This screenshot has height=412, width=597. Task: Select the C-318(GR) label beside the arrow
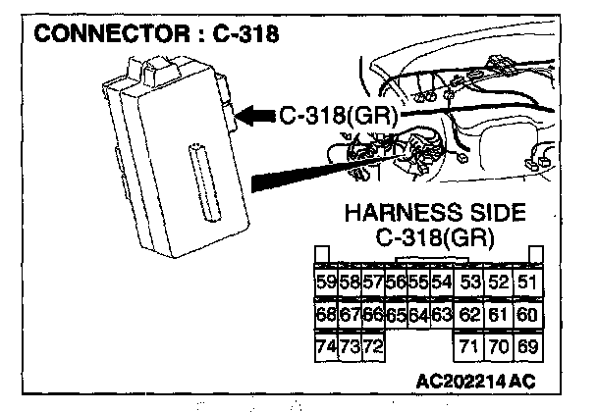coord(338,117)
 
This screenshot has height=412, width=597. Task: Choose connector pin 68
coord(325,316)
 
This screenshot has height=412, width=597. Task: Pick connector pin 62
coord(469,316)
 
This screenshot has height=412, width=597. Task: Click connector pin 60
coord(526,316)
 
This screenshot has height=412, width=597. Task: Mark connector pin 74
coord(325,348)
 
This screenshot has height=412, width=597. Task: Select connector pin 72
coord(372,348)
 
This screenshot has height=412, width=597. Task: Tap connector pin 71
coord(469,348)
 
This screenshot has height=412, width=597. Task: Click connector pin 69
coord(526,348)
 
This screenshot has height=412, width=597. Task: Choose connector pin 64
coord(417,316)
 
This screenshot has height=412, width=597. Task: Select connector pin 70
coord(498,348)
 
